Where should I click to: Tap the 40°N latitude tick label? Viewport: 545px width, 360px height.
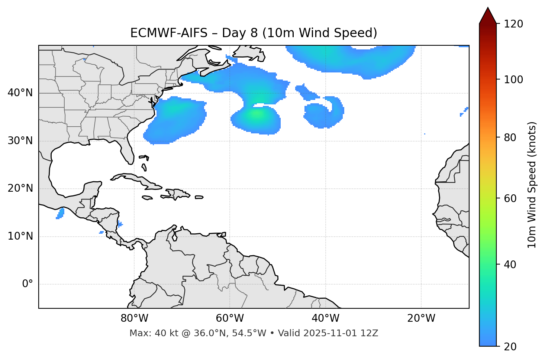point(20,93)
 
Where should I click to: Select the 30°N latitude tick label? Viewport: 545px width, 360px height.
point(20,141)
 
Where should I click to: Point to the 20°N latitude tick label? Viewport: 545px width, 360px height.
point(20,188)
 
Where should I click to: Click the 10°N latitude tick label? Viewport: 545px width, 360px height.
point(20,236)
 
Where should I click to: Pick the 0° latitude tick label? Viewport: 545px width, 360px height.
point(27,284)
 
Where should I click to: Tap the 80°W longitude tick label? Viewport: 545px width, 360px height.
point(134,318)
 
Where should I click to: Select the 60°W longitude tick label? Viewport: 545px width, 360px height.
point(230,318)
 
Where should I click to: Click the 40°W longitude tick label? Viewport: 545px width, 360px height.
point(325,318)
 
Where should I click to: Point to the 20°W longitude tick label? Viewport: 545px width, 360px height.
point(421,318)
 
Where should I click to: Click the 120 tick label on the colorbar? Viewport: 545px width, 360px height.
point(513,24)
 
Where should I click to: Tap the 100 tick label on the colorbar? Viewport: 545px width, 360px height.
point(513,80)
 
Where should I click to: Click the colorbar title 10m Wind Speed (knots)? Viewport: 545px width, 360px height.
point(532,185)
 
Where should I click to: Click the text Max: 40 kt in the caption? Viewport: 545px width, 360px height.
point(147,333)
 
